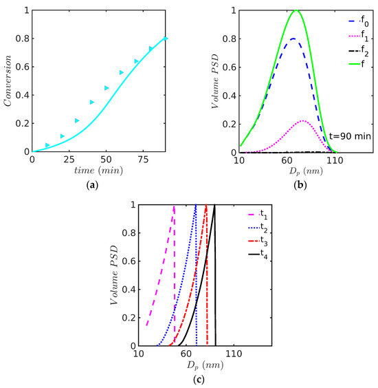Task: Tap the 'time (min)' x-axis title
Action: tap(99, 170)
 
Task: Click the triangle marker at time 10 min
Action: tap(47, 145)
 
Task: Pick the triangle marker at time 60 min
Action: tap(121, 72)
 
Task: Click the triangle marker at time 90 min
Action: tap(165, 39)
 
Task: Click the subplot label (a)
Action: tap(99, 184)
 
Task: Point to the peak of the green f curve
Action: tap(296, 10)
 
